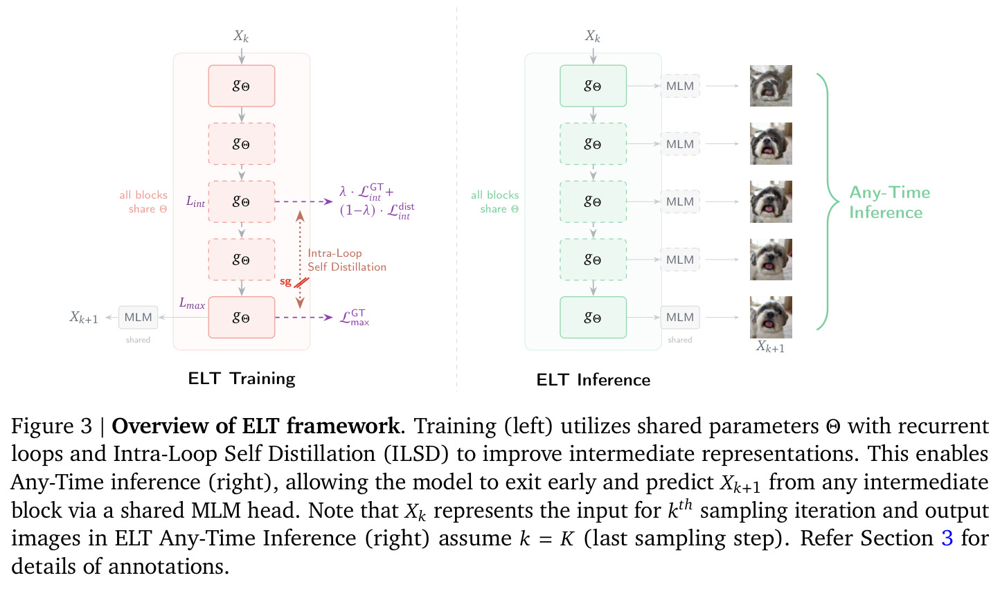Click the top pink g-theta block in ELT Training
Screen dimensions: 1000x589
coord(242,86)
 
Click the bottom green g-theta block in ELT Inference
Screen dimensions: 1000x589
coord(593,317)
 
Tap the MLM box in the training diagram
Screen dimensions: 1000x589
coord(138,317)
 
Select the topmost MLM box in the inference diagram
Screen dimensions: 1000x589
coord(680,86)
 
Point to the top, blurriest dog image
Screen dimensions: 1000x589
coord(771,86)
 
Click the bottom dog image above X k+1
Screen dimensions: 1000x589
coord(771,317)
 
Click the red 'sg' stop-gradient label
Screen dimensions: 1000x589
coord(285,282)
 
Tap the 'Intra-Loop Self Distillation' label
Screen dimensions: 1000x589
coord(347,260)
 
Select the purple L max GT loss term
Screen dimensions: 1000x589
coord(355,317)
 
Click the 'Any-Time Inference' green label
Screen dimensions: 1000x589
coord(889,202)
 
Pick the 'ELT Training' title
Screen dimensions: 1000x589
coord(242,379)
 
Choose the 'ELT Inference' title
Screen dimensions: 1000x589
coord(593,380)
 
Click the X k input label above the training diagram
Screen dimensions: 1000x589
coord(241,36)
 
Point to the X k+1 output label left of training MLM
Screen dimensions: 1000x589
coord(84,317)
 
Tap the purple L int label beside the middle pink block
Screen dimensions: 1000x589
coord(195,201)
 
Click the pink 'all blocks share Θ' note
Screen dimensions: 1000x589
coord(143,201)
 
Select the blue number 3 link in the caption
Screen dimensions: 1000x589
coord(947,538)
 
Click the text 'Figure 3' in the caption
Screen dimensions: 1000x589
coord(51,426)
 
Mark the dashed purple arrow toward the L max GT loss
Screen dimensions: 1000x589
coord(304,317)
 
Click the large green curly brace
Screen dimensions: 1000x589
coord(828,202)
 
